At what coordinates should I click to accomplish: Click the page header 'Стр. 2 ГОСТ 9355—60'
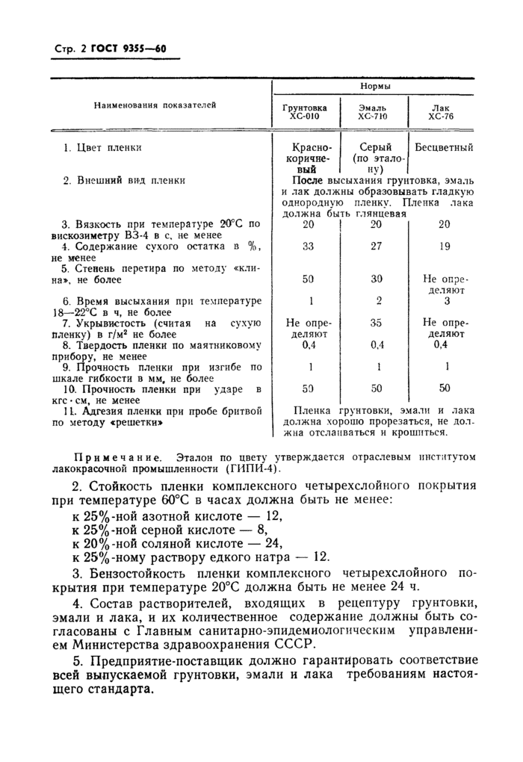[109, 50]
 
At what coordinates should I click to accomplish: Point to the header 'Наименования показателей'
[155, 105]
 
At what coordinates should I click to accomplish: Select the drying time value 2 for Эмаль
[378, 300]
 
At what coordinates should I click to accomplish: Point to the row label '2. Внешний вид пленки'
[124, 179]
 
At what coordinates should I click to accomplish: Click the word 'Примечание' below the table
[121, 456]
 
